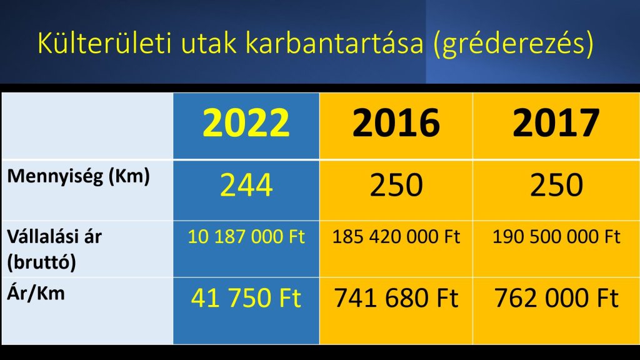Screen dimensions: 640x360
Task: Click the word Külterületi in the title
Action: (x=104, y=42)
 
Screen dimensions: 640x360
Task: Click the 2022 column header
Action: (x=246, y=122)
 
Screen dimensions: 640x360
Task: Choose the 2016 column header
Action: (x=396, y=122)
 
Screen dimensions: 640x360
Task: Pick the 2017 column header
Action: (x=556, y=122)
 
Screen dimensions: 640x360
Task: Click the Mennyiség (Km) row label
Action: (x=78, y=177)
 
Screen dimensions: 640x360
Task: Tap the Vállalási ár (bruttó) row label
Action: (x=54, y=249)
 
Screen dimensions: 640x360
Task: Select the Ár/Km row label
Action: (x=36, y=294)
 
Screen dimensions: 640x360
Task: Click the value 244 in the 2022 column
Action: (x=246, y=185)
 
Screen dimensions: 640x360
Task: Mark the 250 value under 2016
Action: (x=396, y=185)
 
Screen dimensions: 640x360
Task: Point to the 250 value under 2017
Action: (x=556, y=185)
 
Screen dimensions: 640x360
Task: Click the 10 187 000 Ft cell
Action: (x=246, y=237)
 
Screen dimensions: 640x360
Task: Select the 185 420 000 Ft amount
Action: (x=396, y=237)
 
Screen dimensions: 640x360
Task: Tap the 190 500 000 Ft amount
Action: (x=556, y=237)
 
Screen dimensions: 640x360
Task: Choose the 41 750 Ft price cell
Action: (x=246, y=297)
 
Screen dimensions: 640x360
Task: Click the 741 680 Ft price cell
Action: (x=396, y=297)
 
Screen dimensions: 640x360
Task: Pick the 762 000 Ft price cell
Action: (x=556, y=297)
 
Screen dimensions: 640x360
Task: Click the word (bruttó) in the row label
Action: (x=42, y=262)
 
